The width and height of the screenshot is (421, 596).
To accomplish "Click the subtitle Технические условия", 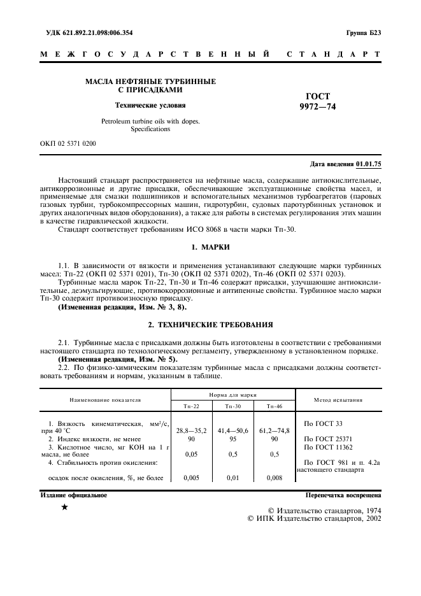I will pyautogui.click(x=150, y=105).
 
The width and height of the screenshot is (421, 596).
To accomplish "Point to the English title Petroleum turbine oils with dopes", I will pyautogui.click(x=150, y=121).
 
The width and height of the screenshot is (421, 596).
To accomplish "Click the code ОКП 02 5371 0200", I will pyautogui.click(x=68, y=143).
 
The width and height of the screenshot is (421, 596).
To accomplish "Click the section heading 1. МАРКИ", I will pyautogui.click(x=210, y=246).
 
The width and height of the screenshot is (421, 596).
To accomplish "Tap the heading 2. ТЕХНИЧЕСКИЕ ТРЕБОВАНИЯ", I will pyautogui.click(x=210, y=324).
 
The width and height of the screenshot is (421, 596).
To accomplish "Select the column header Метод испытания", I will pyautogui.click(x=338, y=400).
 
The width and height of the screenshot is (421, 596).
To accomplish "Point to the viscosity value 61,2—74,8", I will pyautogui.click(x=275, y=430).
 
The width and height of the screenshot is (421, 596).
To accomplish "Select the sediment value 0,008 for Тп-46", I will pyautogui.click(x=275, y=477).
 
